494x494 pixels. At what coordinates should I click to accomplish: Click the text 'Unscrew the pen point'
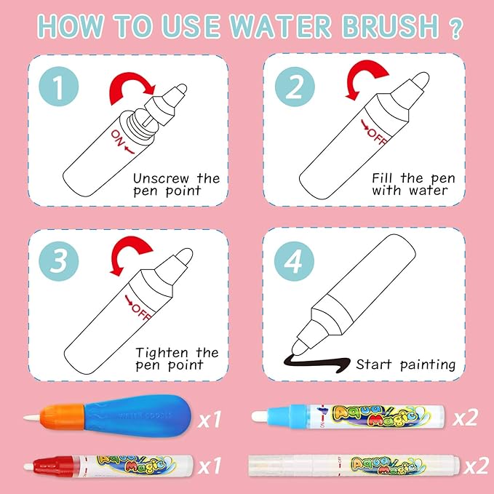pos(176,185)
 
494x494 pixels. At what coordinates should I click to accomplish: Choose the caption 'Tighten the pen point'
pos(176,358)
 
